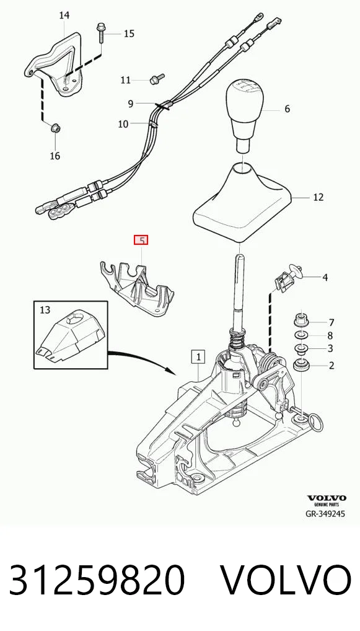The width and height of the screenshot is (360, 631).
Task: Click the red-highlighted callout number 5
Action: point(142,240)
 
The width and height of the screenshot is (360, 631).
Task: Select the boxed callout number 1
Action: point(198,356)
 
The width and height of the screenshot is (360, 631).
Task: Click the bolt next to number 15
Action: point(100,33)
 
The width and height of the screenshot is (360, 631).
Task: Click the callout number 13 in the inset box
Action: point(45,310)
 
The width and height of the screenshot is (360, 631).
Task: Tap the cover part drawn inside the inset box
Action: point(69,335)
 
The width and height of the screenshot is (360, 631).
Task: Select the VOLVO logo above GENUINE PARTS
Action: point(327,498)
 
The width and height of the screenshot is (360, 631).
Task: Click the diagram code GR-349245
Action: point(325,513)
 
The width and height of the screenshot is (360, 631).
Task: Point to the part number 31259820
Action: point(97,580)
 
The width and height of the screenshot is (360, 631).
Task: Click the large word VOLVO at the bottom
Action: point(287,580)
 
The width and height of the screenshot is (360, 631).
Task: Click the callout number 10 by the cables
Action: point(123,123)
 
